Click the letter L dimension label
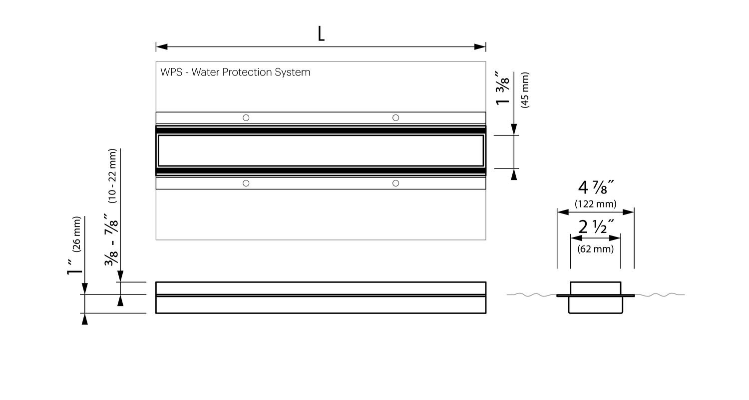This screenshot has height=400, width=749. [x=321, y=34]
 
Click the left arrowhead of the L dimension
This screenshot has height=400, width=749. [x=162, y=47]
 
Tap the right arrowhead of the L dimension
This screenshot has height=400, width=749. [x=480, y=47]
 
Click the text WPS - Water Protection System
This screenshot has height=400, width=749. [x=235, y=72]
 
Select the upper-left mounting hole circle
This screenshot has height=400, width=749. [x=246, y=118]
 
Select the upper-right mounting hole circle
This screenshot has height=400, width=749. [x=395, y=118]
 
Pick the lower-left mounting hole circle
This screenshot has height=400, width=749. [x=246, y=183]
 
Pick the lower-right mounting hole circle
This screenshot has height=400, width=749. [x=395, y=183]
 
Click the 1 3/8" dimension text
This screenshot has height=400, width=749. [x=502, y=88]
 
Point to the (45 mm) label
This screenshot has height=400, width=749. [x=525, y=90]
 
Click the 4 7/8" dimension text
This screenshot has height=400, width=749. [x=596, y=187]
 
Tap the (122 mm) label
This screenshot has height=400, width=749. [x=596, y=203]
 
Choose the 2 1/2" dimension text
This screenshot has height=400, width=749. [x=596, y=227]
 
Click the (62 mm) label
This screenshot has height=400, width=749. [x=596, y=248]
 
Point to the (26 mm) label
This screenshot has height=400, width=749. [x=76, y=234]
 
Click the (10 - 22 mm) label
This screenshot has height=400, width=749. [x=112, y=176]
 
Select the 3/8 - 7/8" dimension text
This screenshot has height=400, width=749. [x=111, y=239]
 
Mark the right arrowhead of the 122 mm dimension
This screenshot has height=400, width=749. [x=628, y=212]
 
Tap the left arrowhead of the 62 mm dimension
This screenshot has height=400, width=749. [x=576, y=238]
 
